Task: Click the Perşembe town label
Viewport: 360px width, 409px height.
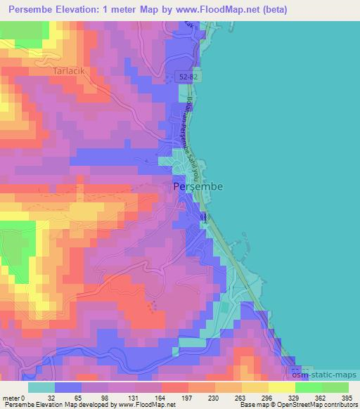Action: pyautogui.click(x=198, y=186)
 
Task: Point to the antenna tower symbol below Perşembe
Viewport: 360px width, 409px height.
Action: pyautogui.click(x=205, y=218)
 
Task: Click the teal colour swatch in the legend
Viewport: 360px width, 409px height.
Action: pyautogui.click(x=41, y=387)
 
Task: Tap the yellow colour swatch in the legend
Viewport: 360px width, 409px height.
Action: pyautogui.click(x=282, y=387)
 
